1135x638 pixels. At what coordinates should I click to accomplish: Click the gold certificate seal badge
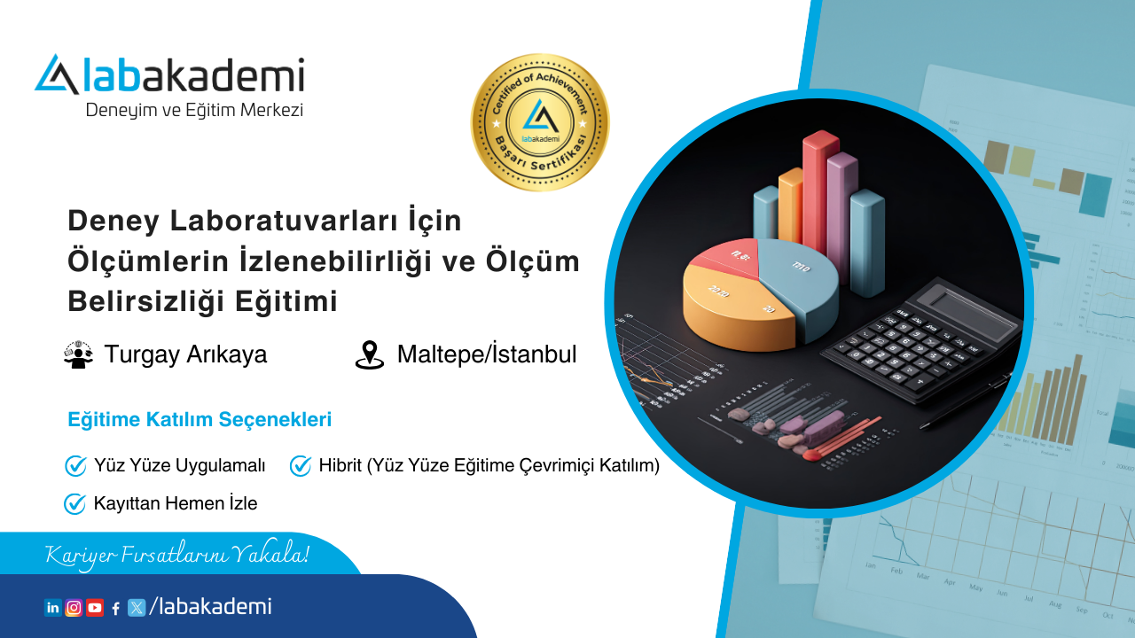click(539, 122)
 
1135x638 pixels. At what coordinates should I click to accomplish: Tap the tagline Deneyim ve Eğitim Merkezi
click(194, 110)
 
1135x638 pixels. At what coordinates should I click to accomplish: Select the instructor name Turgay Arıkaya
click(185, 354)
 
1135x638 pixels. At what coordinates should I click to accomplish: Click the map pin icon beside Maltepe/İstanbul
click(369, 354)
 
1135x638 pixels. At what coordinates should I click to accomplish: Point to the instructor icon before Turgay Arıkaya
click(79, 354)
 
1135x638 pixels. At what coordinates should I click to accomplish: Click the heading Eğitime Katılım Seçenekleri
click(200, 420)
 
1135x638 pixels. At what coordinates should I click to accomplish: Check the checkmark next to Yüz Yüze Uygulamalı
click(75, 465)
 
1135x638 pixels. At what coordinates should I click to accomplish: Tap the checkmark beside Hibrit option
click(301, 465)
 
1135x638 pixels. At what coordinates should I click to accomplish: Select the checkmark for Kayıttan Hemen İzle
click(74, 504)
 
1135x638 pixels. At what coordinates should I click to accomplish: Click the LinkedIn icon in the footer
click(53, 608)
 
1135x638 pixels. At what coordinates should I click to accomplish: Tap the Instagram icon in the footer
click(74, 608)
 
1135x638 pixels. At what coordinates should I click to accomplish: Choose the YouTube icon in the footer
click(95, 608)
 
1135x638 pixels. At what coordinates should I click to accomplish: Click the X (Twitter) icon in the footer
click(137, 608)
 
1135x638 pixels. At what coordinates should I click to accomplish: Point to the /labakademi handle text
click(211, 607)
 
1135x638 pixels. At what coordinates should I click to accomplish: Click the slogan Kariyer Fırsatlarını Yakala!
click(177, 556)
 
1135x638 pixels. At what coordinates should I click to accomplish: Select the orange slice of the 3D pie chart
click(727, 306)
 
